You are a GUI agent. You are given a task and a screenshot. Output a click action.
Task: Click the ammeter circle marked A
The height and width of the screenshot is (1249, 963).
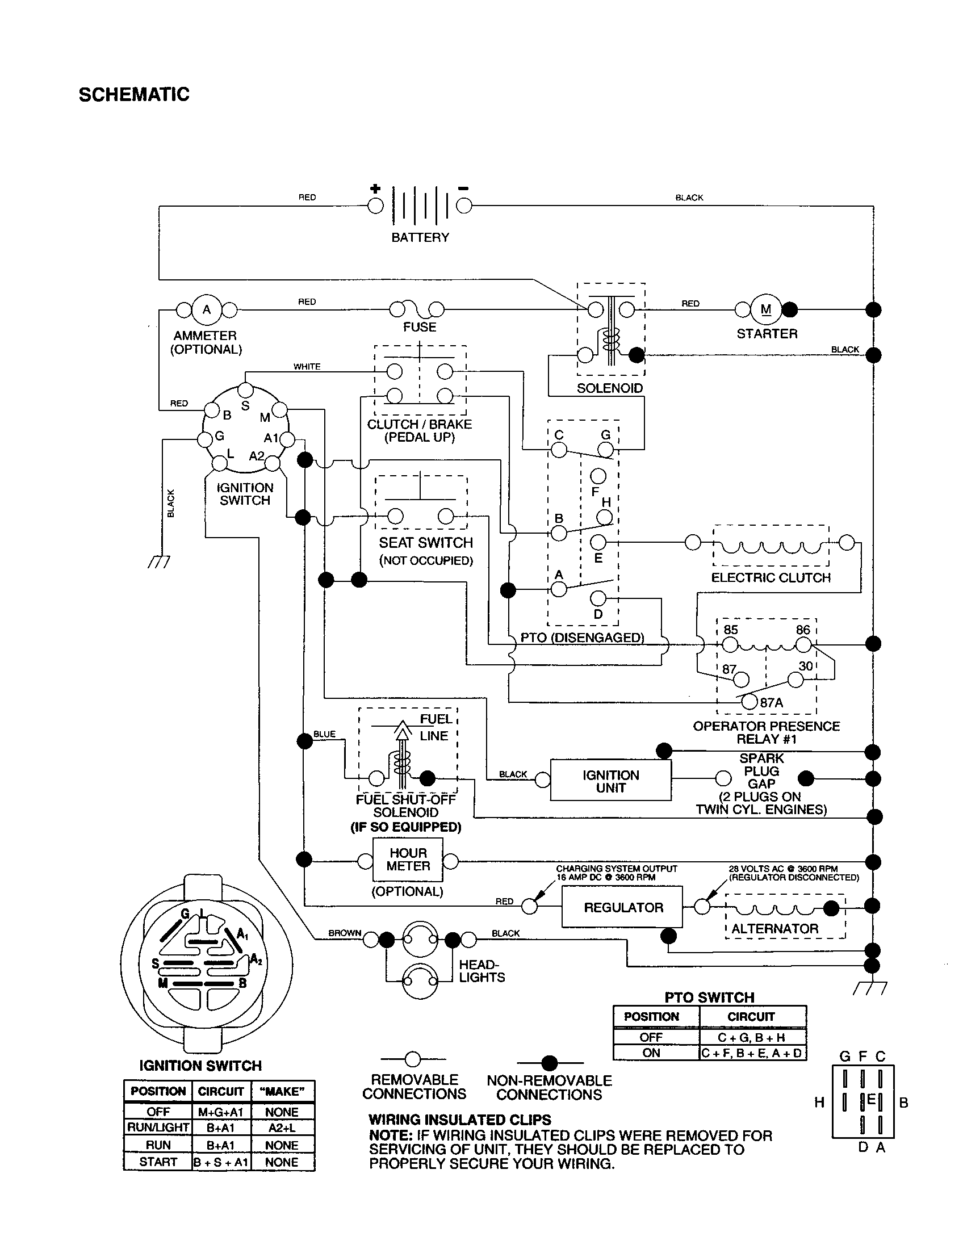tap(207, 310)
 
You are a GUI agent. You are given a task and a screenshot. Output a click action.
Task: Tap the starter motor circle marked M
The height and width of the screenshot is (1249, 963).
tap(766, 310)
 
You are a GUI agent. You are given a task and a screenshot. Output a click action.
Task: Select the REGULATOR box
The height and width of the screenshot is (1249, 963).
tap(622, 907)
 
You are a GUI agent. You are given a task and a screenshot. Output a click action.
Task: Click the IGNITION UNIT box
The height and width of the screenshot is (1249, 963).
tap(610, 781)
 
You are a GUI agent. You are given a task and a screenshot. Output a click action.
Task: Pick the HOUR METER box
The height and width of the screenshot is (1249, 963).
tap(408, 860)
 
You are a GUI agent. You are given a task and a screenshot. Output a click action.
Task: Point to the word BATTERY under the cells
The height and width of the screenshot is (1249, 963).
tap(420, 237)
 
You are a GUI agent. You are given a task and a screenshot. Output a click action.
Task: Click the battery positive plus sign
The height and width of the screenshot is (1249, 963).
tap(375, 188)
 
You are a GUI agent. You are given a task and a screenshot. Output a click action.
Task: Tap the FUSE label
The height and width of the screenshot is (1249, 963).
tap(419, 327)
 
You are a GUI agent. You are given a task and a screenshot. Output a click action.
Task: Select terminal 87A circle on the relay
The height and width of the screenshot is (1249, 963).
tap(749, 702)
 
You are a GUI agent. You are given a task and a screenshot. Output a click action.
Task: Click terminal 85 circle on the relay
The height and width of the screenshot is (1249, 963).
tap(730, 645)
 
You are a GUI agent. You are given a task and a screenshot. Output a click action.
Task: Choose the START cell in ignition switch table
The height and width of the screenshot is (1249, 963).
tap(158, 1162)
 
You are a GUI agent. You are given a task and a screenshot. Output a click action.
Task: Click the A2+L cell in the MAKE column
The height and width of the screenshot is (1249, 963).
tap(282, 1127)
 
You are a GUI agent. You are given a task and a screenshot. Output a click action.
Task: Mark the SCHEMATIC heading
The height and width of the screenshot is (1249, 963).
tap(134, 94)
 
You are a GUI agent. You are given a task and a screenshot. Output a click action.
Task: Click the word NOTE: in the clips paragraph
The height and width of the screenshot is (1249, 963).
tap(390, 1135)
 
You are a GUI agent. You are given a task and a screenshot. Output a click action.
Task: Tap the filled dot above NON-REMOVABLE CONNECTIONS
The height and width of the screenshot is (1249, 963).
tap(549, 1063)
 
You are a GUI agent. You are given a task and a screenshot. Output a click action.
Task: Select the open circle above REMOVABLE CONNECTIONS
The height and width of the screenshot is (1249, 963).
tap(413, 1059)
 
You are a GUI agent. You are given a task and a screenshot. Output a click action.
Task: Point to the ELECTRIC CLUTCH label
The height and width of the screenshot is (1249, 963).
tap(771, 577)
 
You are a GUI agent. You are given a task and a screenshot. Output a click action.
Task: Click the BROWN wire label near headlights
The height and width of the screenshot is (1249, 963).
tap(344, 933)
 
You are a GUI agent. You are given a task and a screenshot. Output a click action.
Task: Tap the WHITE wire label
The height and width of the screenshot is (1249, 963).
tap(307, 367)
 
